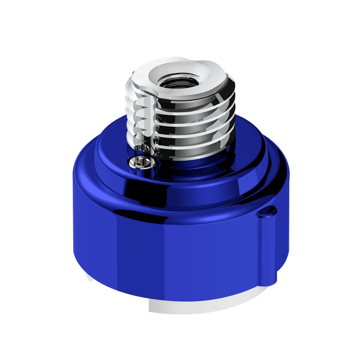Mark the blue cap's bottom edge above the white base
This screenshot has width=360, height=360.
180,297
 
